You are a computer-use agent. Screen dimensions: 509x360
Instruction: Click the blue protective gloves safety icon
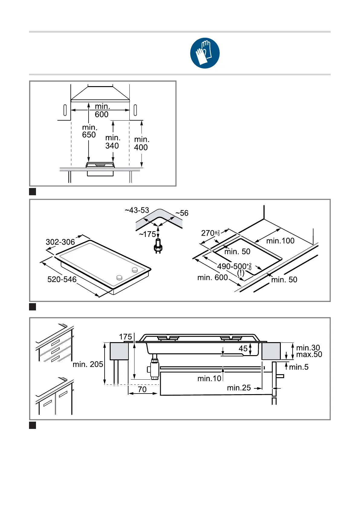coord(205,53)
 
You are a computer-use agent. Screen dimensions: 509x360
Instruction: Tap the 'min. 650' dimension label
coord(89,131)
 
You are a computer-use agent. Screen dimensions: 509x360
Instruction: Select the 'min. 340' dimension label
coord(112,142)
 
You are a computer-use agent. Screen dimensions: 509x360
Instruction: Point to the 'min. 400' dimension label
coord(141,143)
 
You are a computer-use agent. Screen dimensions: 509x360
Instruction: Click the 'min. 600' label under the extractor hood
coord(102,110)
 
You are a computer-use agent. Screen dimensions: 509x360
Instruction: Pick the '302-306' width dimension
coord(60,242)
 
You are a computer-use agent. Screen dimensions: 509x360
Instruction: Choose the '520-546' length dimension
coord(62,279)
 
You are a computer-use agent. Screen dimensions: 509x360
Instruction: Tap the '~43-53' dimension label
coord(137,210)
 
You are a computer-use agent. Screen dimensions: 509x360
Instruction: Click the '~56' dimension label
coord(182,213)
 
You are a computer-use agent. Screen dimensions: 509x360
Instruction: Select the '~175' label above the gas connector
coord(148,234)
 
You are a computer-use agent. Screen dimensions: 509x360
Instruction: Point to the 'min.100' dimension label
coord(280,241)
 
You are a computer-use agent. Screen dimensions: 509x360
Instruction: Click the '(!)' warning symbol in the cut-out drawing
coord(241,273)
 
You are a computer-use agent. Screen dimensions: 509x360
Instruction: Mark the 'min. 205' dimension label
coord(88,364)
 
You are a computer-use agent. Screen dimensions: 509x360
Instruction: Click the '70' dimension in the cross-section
coord(142,389)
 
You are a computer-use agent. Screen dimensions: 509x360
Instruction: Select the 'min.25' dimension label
coord(239,388)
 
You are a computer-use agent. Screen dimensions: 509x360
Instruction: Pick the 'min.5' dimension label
coord(299,367)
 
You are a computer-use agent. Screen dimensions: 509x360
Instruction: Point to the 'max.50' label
coord(309,355)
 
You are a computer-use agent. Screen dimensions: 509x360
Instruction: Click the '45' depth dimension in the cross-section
coord(243,349)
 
